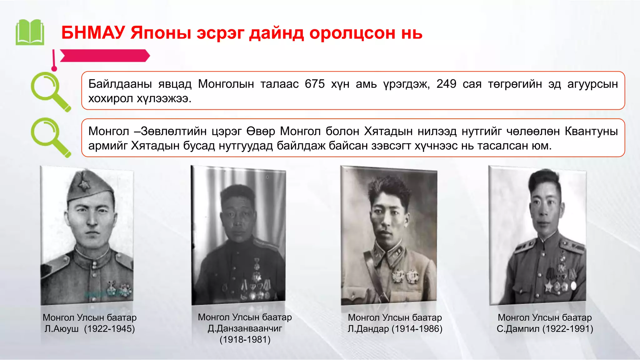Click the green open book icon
pyautogui.click(x=30, y=32)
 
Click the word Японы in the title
pyautogui.click(x=161, y=33)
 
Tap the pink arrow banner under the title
pyautogui.click(x=105, y=56)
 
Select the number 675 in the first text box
pyautogui.click(x=315, y=84)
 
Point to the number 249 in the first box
pyautogui.click(x=446, y=84)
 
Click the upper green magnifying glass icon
pyautogui.click(x=50, y=91)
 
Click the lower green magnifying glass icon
pyautogui.click(x=50, y=137)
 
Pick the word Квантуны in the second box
pyautogui.click(x=591, y=131)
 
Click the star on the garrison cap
pyautogui.click(x=84, y=184)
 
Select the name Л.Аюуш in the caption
pyautogui.click(x=62, y=329)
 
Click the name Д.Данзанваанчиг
pyautogui.click(x=245, y=328)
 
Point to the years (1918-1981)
pyautogui.click(x=245, y=340)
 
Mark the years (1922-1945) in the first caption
pyautogui.click(x=109, y=329)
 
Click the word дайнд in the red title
pyautogui.click(x=276, y=33)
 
